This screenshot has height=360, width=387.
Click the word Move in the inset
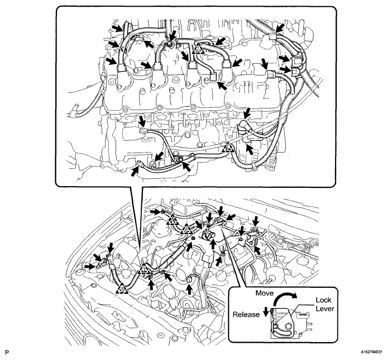(264, 293)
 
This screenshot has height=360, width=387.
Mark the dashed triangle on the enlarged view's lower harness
(226, 148)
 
